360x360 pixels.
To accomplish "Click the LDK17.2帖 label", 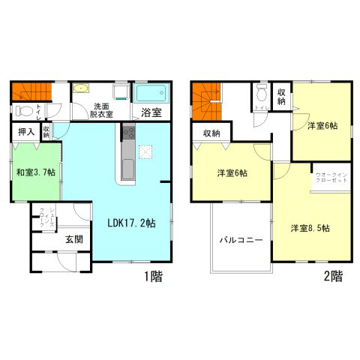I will tap(130, 222).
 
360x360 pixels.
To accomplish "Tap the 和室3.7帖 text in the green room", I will tap(31, 172).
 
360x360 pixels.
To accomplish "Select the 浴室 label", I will tap(151, 113).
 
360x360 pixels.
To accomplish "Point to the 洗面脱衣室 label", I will tap(103, 110).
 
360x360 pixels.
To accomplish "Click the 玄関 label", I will tap(73, 240).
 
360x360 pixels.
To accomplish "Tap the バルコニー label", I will tap(241, 241).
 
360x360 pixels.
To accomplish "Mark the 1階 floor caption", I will tap(152, 275).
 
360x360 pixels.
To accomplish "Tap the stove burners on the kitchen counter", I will tap(127, 134).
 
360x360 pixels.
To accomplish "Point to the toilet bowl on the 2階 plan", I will tap(261, 93).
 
